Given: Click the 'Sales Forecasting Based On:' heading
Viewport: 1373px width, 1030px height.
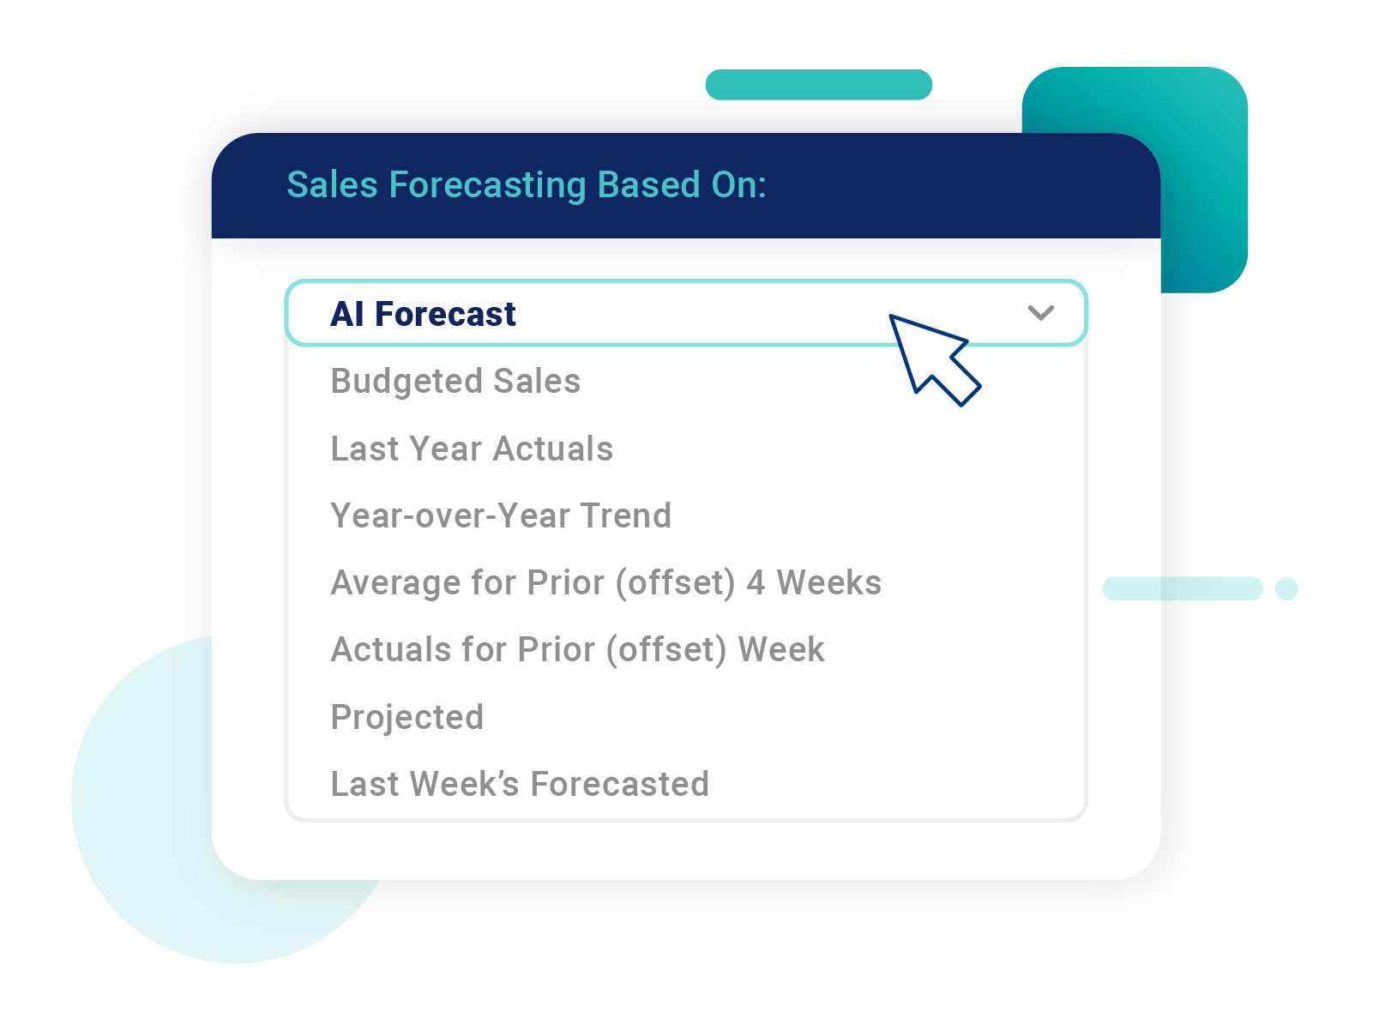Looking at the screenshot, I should coord(526,185).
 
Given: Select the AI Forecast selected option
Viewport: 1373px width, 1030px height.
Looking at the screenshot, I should coord(424,314).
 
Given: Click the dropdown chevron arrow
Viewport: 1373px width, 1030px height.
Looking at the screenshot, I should coord(1040,313).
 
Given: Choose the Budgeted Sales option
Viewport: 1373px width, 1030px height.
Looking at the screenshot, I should coord(455,382).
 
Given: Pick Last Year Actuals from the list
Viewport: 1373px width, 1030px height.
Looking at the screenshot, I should coord(472,449).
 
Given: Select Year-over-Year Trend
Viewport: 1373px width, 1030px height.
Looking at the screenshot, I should coord(501,515).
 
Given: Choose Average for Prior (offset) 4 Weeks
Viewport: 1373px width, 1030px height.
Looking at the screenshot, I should coord(605,583).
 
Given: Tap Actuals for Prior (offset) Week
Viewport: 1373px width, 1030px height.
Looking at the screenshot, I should coord(577,650).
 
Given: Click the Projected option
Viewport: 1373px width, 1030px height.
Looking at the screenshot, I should coord(407,717).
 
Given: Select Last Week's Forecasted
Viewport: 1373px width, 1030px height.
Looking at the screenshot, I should coord(520,784).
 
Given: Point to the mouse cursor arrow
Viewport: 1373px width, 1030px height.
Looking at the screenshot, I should coord(930,357).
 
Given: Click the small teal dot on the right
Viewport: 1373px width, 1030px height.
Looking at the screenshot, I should coord(1286,589).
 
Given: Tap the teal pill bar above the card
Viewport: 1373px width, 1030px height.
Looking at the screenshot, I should coord(818,85).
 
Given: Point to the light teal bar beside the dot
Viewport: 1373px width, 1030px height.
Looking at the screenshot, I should coord(1183,589).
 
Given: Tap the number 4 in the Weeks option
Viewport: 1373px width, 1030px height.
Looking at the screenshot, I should coord(756,583).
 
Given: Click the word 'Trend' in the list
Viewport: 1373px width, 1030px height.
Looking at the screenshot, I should coord(626,515).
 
